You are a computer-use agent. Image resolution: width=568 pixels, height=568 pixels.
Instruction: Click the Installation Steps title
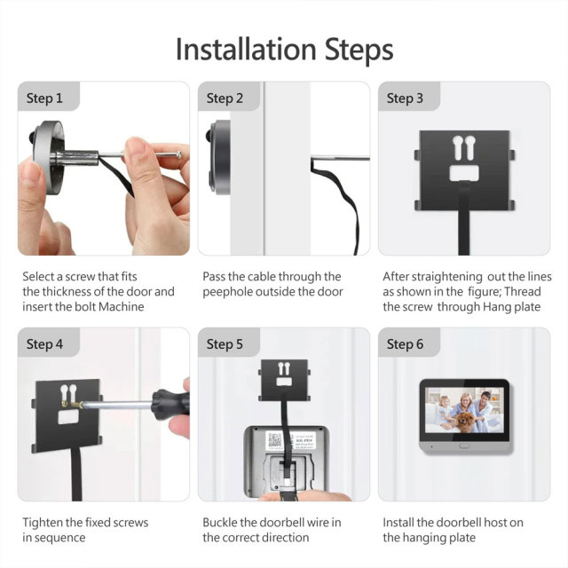pos(284,49)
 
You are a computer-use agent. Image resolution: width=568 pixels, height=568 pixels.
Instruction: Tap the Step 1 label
pos(44,99)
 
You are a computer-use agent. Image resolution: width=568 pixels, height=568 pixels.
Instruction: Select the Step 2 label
pos(225,99)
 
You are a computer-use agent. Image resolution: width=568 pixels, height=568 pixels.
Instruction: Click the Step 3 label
pos(405,99)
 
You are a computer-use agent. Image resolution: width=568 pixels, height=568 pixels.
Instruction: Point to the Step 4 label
pos(44,344)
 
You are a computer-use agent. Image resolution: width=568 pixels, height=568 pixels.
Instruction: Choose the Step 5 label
pos(225,344)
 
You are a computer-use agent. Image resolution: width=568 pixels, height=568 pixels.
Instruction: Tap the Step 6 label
pos(405,344)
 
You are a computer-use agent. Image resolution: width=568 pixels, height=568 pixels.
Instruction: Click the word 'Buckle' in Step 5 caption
pos(222,523)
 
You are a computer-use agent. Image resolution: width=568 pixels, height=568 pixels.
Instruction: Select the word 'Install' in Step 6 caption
pos(401,523)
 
